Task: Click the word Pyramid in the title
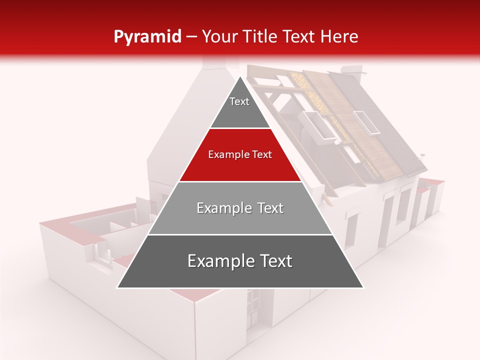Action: coord(147,37)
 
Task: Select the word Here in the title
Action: coord(339,37)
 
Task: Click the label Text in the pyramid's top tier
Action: coord(239,101)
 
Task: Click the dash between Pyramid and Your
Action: coord(191,37)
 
